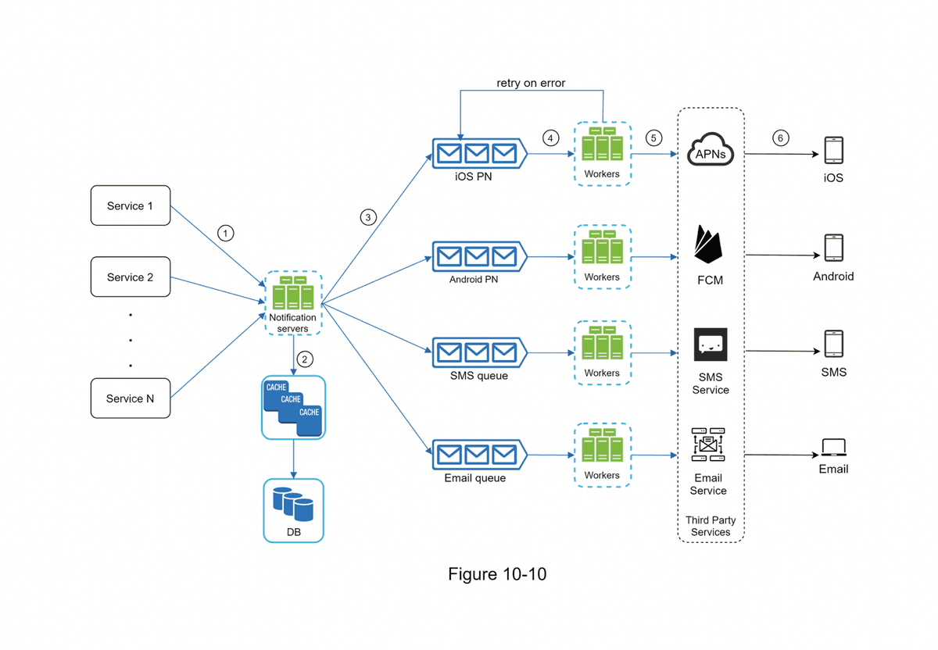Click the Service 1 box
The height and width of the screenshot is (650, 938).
click(131, 205)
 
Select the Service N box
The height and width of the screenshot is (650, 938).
click(131, 398)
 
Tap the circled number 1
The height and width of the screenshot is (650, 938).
click(226, 233)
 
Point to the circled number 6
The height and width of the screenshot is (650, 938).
click(779, 138)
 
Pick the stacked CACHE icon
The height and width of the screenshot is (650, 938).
click(293, 407)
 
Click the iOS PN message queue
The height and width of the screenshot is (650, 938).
click(477, 152)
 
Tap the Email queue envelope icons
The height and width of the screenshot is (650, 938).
click(477, 454)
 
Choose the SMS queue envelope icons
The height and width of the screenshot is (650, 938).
click(477, 352)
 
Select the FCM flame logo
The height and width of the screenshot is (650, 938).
click(709, 245)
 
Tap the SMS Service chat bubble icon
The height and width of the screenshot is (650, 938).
click(711, 345)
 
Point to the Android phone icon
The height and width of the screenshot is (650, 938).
click(833, 248)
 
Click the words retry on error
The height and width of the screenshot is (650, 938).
click(531, 83)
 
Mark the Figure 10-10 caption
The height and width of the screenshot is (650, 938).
click(497, 575)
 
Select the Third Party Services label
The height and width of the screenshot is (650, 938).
click(711, 526)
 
